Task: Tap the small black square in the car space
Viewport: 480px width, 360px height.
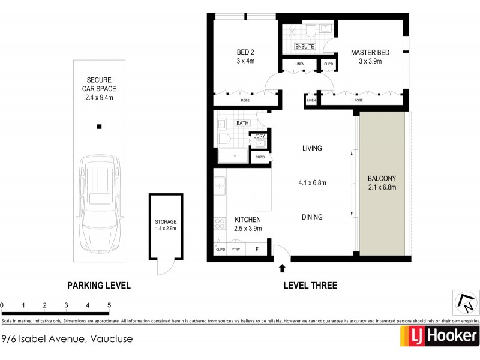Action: click(x=100, y=127)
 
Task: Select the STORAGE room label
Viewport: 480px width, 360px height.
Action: click(x=166, y=222)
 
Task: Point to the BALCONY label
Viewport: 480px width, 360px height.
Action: click(x=382, y=179)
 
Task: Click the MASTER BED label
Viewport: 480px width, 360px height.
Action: click(x=370, y=53)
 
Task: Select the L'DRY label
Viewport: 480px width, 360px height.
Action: click(x=260, y=137)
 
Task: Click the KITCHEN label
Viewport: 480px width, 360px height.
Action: click(x=247, y=220)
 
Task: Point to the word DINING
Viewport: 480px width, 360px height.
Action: click(x=312, y=217)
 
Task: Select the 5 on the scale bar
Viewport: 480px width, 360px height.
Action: click(x=109, y=305)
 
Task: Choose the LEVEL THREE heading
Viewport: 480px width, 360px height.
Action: click(x=310, y=286)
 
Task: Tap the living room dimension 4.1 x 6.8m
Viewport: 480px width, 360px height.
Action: click(x=312, y=183)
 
